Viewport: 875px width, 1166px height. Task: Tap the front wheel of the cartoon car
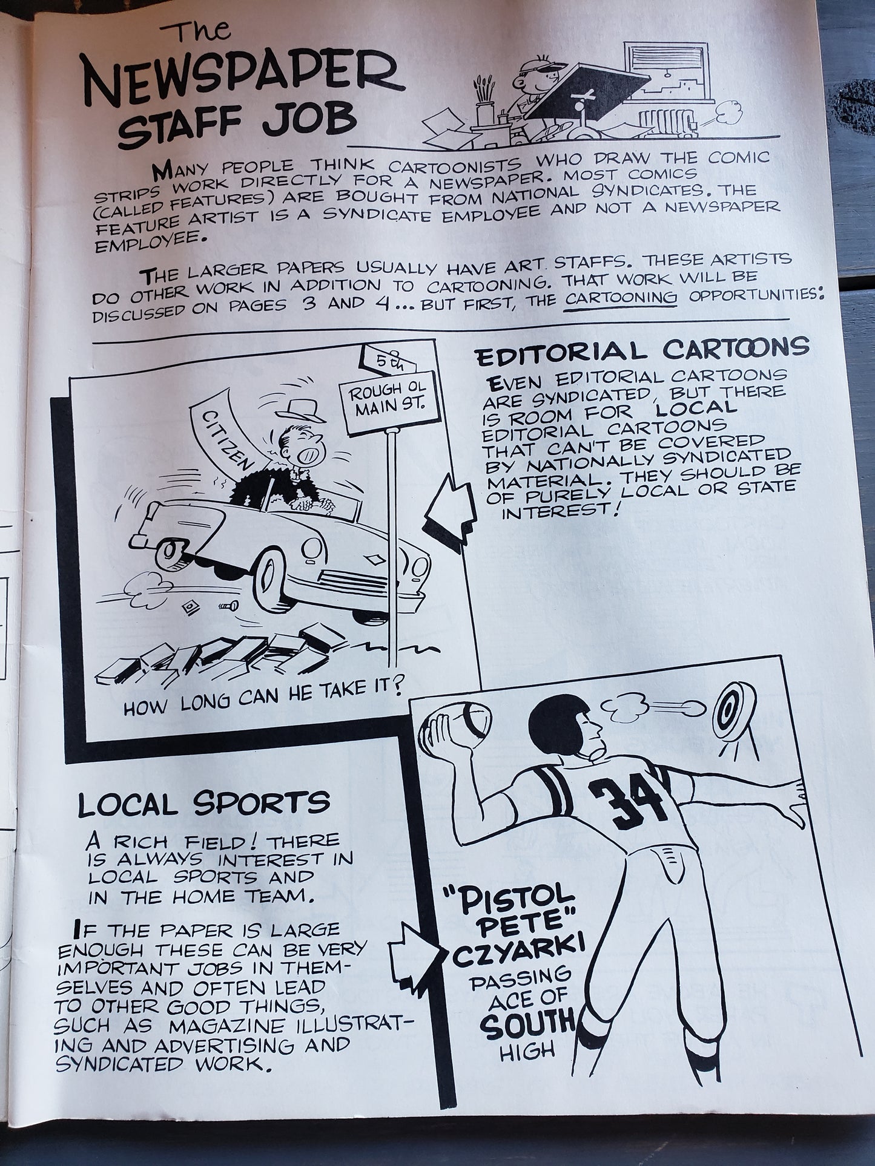279,580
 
